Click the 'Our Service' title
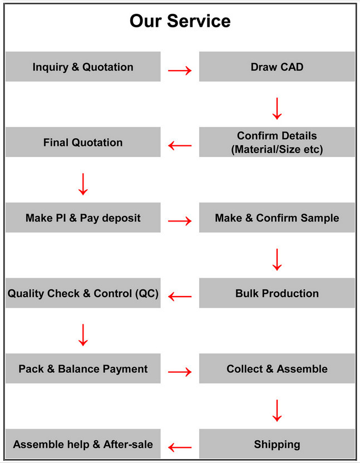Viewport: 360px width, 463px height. click(x=180, y=21)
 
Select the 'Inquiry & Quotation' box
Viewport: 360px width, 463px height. click(x=83, y=66)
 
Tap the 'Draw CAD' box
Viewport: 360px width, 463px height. click(x=277, y=66)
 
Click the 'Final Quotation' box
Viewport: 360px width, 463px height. click(x=83, y=142)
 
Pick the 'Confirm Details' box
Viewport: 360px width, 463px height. click(x=277, y=142)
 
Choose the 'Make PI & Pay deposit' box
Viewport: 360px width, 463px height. click(x=83, y=218)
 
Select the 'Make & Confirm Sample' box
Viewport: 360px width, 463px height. click(x=277, y=218)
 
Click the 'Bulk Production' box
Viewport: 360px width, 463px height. click(x=277, y=293)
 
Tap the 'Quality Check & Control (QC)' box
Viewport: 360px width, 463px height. click(x=83, y=293)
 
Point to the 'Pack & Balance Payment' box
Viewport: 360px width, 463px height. click(x=83, y=368)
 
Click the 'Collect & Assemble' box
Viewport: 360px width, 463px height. click(x=277, y=368)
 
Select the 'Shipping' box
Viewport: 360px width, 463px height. click(x=277, y=444)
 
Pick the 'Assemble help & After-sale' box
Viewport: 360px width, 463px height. click(x=83, y=444)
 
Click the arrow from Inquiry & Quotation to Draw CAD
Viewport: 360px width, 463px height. click(x=180, y=71)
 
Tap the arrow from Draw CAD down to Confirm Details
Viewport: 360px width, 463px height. click(x=277, y=109)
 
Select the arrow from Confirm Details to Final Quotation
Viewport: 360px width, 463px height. click(x=180, y=146)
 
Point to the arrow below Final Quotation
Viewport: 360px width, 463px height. click(x=83, y=184)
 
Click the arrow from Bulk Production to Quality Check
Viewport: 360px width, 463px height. click(x=180, y=297)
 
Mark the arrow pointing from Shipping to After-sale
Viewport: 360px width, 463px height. click(x=180, y=447)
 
